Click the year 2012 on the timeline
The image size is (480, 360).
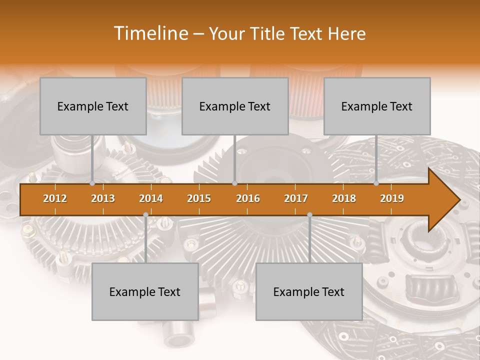pos(55,198)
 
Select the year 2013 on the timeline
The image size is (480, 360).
pos(103,198)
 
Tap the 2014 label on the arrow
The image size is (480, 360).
pos(151,198)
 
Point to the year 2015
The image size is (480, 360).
pos(199,198)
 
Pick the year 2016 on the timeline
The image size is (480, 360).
pos(248,198)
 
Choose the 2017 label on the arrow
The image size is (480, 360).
pos(296,198)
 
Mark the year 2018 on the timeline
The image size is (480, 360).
pos(344,198)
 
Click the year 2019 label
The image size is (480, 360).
pos(392,198)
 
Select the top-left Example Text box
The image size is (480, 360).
pos(93,106)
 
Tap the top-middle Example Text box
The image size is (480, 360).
pos(235,106)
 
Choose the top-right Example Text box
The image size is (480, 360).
pos(377,106)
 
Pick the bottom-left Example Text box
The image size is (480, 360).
pos(145,292)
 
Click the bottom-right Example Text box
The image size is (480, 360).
pos(309,292)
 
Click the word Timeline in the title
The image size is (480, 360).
pos(150,33)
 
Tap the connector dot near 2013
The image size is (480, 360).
pos(92,183)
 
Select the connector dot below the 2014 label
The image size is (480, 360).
pos(145,214)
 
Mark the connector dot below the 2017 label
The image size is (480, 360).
pos(309,214)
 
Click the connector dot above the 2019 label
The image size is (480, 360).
pos(376,183)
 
